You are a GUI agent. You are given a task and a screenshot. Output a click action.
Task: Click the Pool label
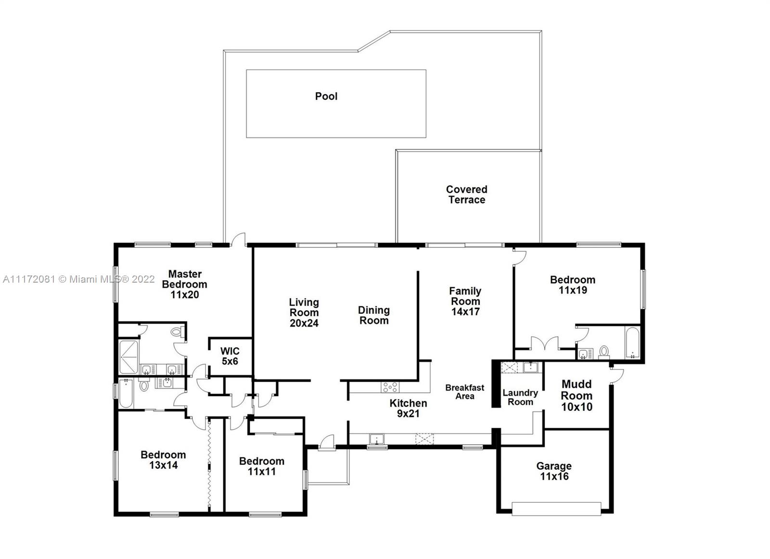(x=326, y=96)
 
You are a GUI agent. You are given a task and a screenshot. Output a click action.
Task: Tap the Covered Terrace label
(x=466, y=194)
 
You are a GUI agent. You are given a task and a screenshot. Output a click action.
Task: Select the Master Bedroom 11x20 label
(x=185, y=285)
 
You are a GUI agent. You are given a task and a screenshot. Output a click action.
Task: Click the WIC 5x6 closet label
(x=230, y=356)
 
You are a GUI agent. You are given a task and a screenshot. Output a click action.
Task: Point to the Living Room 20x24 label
(x=304, y=312)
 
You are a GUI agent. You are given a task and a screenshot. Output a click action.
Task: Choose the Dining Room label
(x=373, y=315)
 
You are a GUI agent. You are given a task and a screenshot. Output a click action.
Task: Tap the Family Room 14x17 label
(x=465, y=301)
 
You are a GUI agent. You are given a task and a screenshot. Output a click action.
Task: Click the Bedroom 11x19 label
(x=573, y=285)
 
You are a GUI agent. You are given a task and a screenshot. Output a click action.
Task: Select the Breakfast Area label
(x=465, y=392)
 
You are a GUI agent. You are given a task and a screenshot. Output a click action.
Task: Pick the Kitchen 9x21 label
(x=409, y=408)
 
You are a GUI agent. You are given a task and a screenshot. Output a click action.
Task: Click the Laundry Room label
(x=520, y=398)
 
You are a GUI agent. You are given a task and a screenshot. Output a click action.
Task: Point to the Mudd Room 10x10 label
(x=577, y=395)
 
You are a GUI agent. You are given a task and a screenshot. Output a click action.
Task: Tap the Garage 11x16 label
(x=554, y=471)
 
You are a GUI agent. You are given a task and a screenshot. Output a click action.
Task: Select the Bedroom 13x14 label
(x=163, y=460)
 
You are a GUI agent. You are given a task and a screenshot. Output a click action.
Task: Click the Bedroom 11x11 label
(x=262, y=466)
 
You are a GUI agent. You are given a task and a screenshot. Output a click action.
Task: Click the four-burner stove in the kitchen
(x=390, y=387)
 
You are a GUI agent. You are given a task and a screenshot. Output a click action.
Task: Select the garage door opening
(x=556, y=509)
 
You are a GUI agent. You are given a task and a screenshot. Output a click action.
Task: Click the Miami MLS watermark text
(x=79, y=279)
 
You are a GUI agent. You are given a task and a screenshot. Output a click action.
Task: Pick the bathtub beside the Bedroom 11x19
(x=632, y=343)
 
